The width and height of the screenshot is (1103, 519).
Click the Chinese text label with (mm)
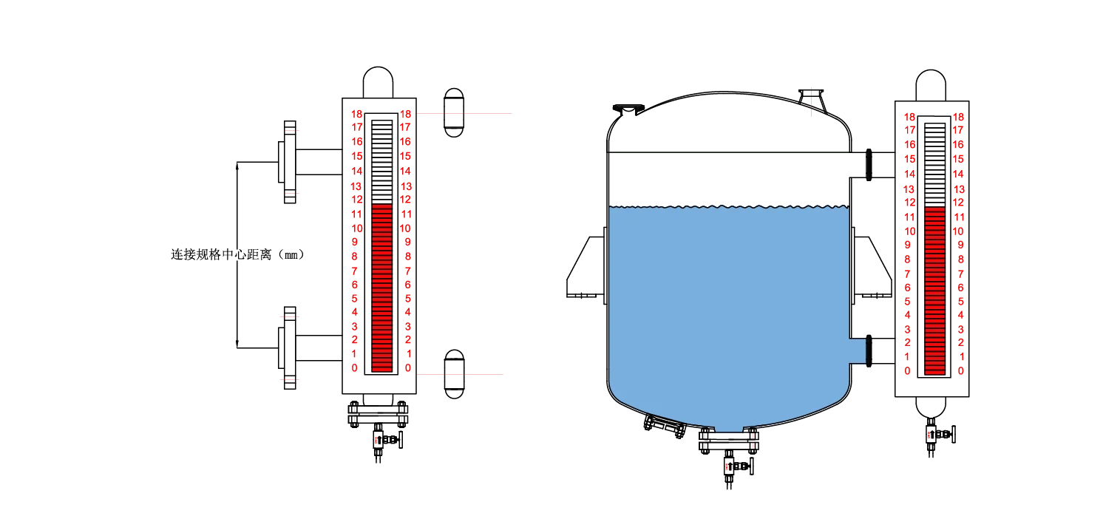click(x=238, y=254)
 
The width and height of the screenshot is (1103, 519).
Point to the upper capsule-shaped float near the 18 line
click(x=454, y=113)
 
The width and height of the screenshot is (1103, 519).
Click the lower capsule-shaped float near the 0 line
click(x=454, y=374)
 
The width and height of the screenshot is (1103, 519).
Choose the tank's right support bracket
click(x=872, y=267)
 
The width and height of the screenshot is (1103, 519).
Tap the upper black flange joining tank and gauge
click(x=869, y=165)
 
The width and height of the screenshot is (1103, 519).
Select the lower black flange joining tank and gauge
click(x=869, y=351)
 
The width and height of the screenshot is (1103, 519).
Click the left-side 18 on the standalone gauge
click(x=356, y=115)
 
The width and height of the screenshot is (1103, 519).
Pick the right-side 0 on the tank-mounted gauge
click(x=961, y=371)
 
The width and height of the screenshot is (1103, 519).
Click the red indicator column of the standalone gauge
click(x=381, y=288)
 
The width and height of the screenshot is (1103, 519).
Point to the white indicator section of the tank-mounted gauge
click(x=934, y=165)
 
